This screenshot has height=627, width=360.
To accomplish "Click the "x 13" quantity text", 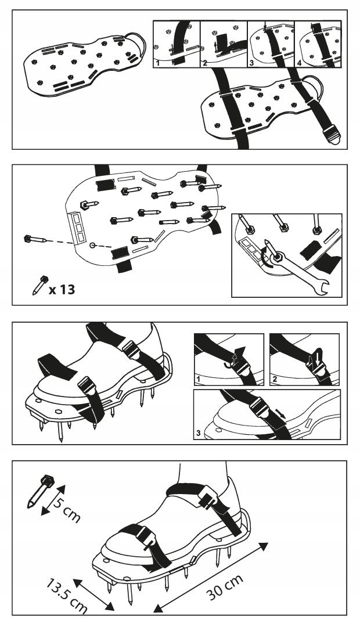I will (62, 289).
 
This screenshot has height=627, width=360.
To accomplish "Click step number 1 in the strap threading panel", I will (157, 62).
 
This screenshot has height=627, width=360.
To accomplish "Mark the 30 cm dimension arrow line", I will (212, 575).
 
